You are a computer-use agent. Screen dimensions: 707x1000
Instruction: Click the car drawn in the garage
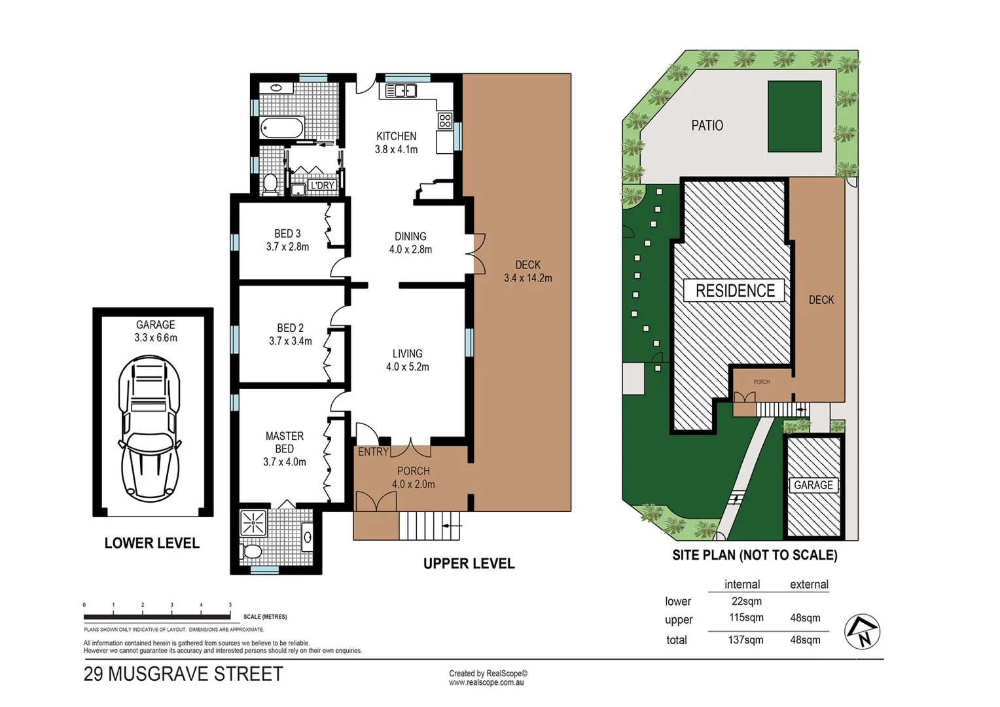149,429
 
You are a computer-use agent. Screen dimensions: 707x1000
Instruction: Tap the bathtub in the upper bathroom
282,127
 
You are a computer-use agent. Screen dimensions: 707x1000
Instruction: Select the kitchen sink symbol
401,90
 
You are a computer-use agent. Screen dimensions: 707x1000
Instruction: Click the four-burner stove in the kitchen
445,120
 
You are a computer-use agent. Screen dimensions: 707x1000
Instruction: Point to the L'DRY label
323,185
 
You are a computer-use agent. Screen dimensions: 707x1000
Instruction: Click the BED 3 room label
287,234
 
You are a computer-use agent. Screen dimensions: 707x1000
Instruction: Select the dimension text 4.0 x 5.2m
407,367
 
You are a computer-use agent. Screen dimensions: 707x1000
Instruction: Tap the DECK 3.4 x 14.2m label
527,272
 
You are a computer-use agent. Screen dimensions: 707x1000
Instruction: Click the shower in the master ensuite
253,523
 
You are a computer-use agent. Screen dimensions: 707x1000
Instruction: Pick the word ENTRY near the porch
373,452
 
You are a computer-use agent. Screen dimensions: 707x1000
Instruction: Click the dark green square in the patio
795,116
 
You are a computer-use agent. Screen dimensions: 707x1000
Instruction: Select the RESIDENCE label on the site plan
734,291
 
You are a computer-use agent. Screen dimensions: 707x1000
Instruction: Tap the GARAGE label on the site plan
813,485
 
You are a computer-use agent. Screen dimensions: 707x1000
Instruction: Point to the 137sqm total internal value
745,640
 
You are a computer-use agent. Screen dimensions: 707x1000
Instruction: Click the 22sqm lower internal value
745,601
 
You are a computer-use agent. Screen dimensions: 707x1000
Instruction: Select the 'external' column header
809,585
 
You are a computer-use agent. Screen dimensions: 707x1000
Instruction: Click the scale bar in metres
157,616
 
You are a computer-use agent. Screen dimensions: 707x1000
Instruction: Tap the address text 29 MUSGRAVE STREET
183,674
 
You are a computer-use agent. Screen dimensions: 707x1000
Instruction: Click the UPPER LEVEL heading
469,564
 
